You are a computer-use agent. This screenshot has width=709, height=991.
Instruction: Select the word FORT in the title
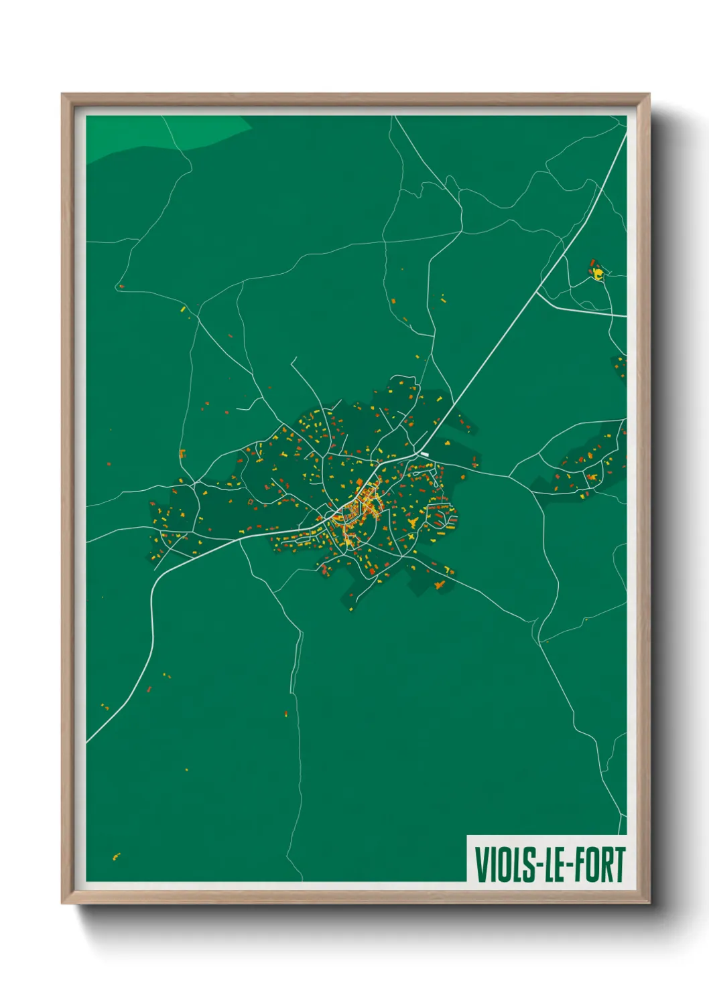[x=598, y=864]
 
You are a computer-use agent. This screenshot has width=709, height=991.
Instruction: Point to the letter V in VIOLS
[x=481, y=864]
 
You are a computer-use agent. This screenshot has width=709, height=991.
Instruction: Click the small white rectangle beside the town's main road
[x=424, y=455]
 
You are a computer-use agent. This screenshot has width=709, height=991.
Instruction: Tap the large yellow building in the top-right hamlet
[x=598, y=273]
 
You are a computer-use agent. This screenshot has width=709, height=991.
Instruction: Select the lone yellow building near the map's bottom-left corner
[x=116, y=856]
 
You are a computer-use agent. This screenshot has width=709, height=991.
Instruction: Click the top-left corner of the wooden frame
[x=62, y=94]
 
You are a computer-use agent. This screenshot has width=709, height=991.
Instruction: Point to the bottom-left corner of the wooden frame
[x=62, y=903]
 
